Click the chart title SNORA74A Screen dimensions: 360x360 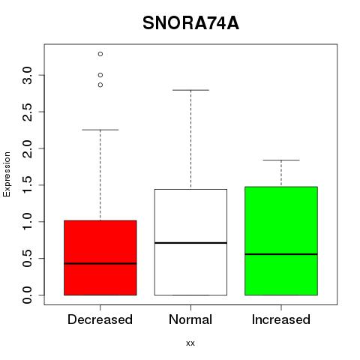190,23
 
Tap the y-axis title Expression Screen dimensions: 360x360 7,175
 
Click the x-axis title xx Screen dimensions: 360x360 190,343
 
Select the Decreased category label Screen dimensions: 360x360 100,319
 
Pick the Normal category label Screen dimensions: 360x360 190,319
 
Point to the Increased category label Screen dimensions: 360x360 281,319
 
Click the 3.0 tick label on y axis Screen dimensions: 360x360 27,75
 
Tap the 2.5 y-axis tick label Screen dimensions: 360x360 27,112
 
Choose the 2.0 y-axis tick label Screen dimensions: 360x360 27,148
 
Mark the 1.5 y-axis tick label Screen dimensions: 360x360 27,185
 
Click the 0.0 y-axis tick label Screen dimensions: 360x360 27,295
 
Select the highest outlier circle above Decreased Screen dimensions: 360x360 100,54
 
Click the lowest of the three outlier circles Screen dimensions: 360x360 100,85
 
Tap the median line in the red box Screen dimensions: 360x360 100,263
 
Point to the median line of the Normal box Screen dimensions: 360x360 190,243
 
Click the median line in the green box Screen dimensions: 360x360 281,254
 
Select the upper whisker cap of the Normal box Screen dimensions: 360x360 190,90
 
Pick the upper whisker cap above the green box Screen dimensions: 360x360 281,160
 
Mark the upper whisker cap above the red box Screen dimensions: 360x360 100,130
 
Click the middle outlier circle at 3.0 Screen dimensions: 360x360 100,75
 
